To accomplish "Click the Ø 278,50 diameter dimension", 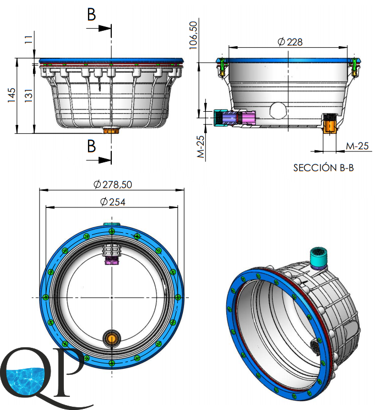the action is pos(112,184).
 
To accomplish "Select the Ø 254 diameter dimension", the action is pos(113,202).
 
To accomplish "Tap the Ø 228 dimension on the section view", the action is pos(290,42).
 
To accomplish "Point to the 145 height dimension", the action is pos(11,95).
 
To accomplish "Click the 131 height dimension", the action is pos(29,95).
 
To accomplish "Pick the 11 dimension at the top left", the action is pos(29,40).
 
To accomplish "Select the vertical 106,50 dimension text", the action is pos(193,35).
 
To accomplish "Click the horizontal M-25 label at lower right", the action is pos(357,146).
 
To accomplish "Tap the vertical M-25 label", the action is pos(201,147).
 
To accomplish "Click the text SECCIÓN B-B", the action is pos(323,168).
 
